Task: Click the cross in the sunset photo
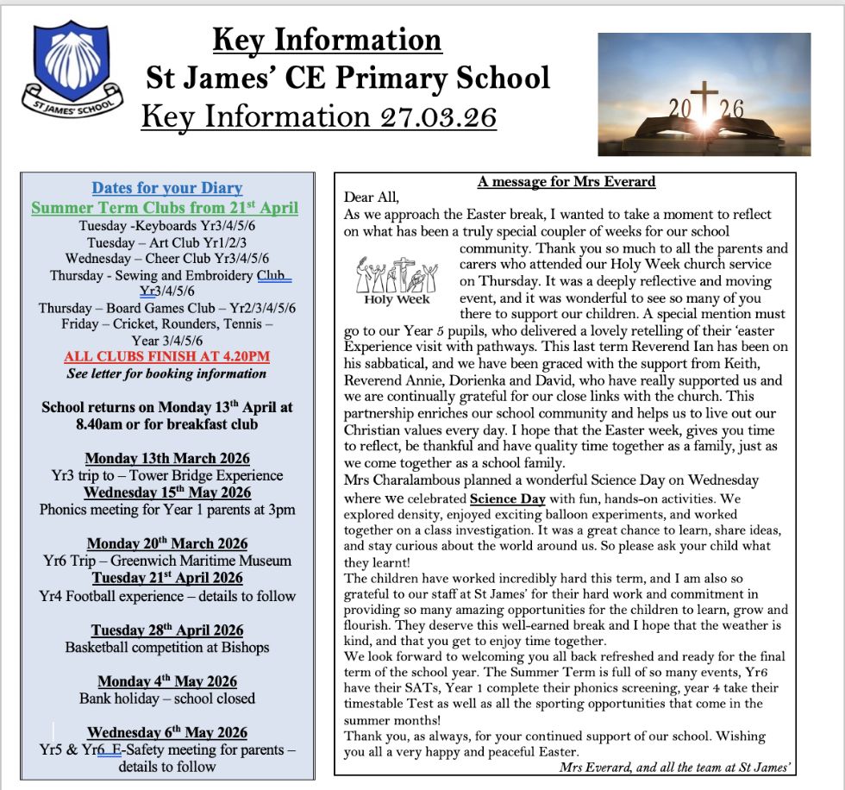coord(704,102)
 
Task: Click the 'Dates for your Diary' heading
coord(167,188)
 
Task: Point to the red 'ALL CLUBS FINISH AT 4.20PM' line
coord(166,356)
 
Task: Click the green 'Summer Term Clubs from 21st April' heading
coord(165,208)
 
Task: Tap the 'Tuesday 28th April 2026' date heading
coord(167,630)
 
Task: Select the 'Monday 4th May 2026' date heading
coord(167,681)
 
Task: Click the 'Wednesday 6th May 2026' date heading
coord(167,732)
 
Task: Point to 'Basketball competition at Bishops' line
coord(167,647)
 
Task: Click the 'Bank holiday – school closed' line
coord(167,698)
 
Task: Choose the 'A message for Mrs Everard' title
coord(566,181)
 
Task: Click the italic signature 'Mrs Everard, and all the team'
coord(675,767)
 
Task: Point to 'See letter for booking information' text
coord(166,373)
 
